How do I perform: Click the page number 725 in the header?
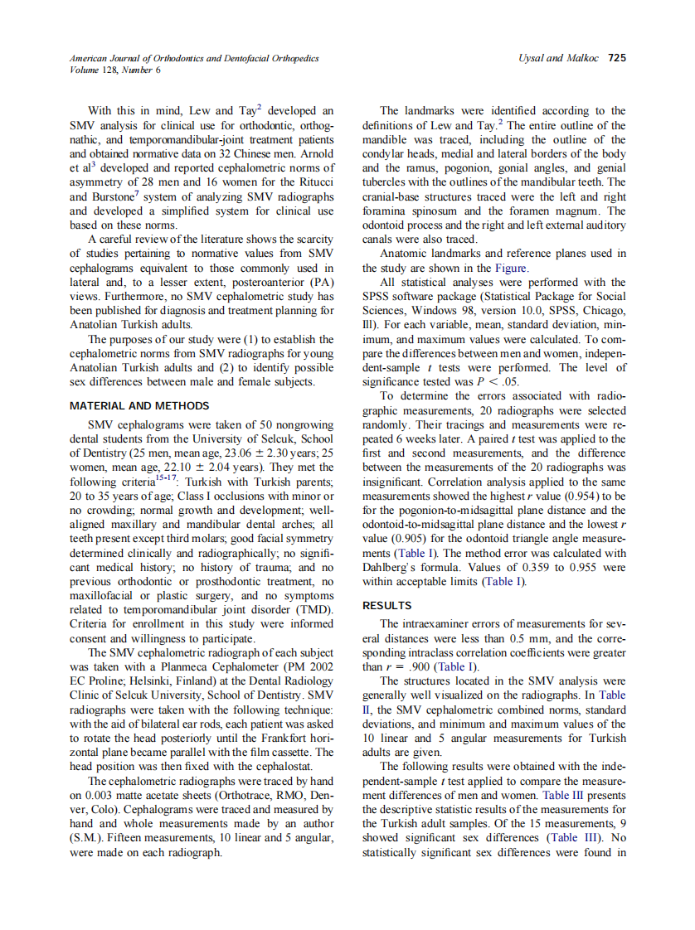point(616,58)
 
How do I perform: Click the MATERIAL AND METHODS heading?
point(139,406)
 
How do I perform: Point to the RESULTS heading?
point(386,605)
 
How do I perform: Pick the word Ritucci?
point(313,182)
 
